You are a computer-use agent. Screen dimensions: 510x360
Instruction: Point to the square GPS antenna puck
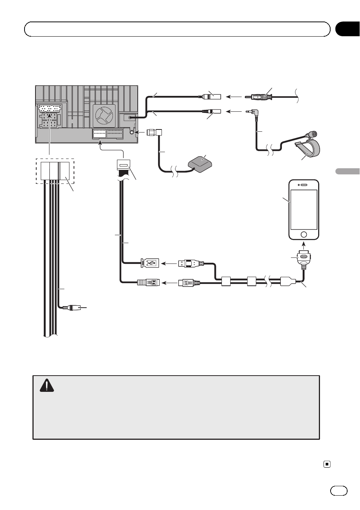pyautogui.click(x=200, y=163)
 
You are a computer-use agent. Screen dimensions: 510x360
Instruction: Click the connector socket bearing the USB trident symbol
pyautogui.click(x=150, y=263)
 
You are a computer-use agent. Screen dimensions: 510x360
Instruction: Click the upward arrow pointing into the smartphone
pyautogui.click(x=304, y=246)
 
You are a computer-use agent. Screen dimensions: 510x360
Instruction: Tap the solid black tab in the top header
pyautogui.click(x=347, y=29)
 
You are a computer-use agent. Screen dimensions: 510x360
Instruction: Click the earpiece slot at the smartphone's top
pyautogui.click(x=304, y=185)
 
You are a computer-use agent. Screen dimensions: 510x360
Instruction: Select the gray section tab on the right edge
pyautogui.click(x=347, y=171)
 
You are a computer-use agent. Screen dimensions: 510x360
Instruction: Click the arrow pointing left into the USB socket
pyautogui.click(x=169, y=263)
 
